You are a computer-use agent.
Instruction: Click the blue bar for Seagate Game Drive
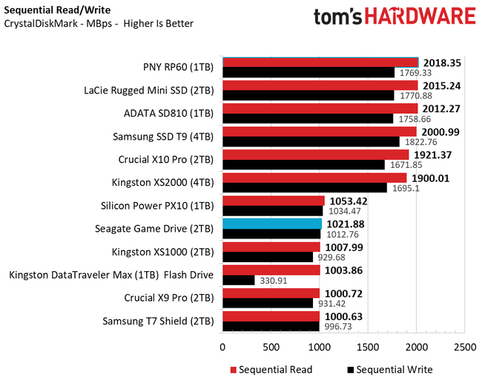(x=271, y=224)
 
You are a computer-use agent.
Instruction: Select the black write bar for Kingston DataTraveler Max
(x=238, y=280)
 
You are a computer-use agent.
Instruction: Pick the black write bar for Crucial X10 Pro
(x=303, y=164)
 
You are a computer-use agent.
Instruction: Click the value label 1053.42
(x=348, y=201)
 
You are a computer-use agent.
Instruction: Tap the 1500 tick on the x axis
(x=368, y=347)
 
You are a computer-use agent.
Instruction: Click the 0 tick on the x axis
(x=222, y=347)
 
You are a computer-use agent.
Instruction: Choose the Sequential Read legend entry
(x=270, y=369)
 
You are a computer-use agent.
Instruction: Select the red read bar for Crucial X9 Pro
(x=271, y=293)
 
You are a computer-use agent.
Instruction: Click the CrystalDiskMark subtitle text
(x=99, y=24)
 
